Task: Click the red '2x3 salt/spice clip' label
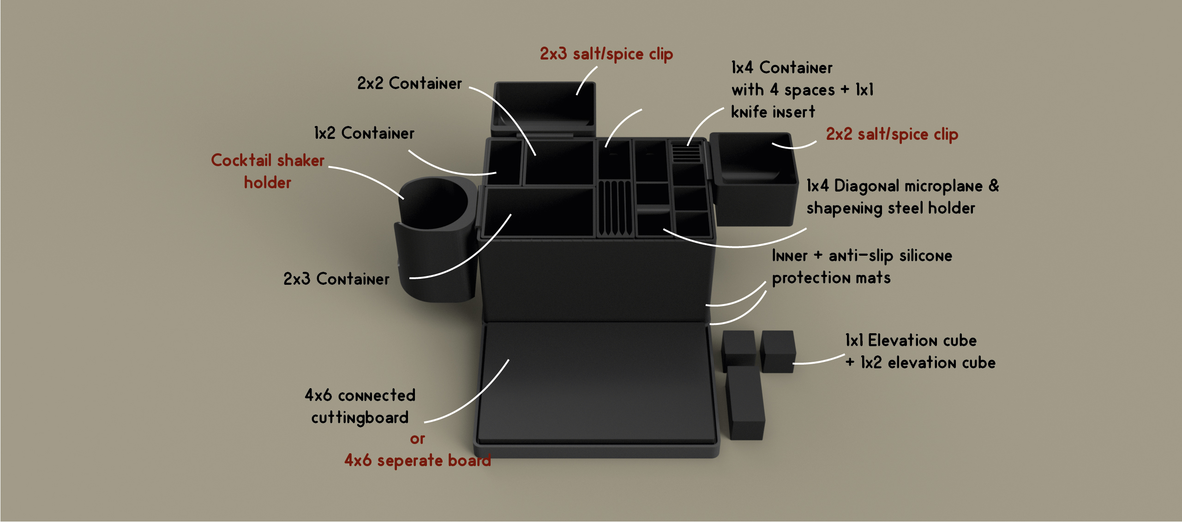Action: click(606, 54)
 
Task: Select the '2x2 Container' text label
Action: click(409, 84)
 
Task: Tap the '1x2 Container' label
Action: click(364, 133)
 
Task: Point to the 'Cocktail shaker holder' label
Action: click(268, 171)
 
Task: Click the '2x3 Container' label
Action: click(336, 279)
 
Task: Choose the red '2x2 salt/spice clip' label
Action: click(892, 134)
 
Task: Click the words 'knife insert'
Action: click(773, 112)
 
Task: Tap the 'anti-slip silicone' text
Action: click(890, 256)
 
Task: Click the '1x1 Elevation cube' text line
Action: click(911, 341)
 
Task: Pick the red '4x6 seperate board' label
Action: click(417, 461)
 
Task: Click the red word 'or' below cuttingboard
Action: click(417, 439)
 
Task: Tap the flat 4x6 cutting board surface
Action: click(595, 383)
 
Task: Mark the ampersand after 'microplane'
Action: click(994, 186)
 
